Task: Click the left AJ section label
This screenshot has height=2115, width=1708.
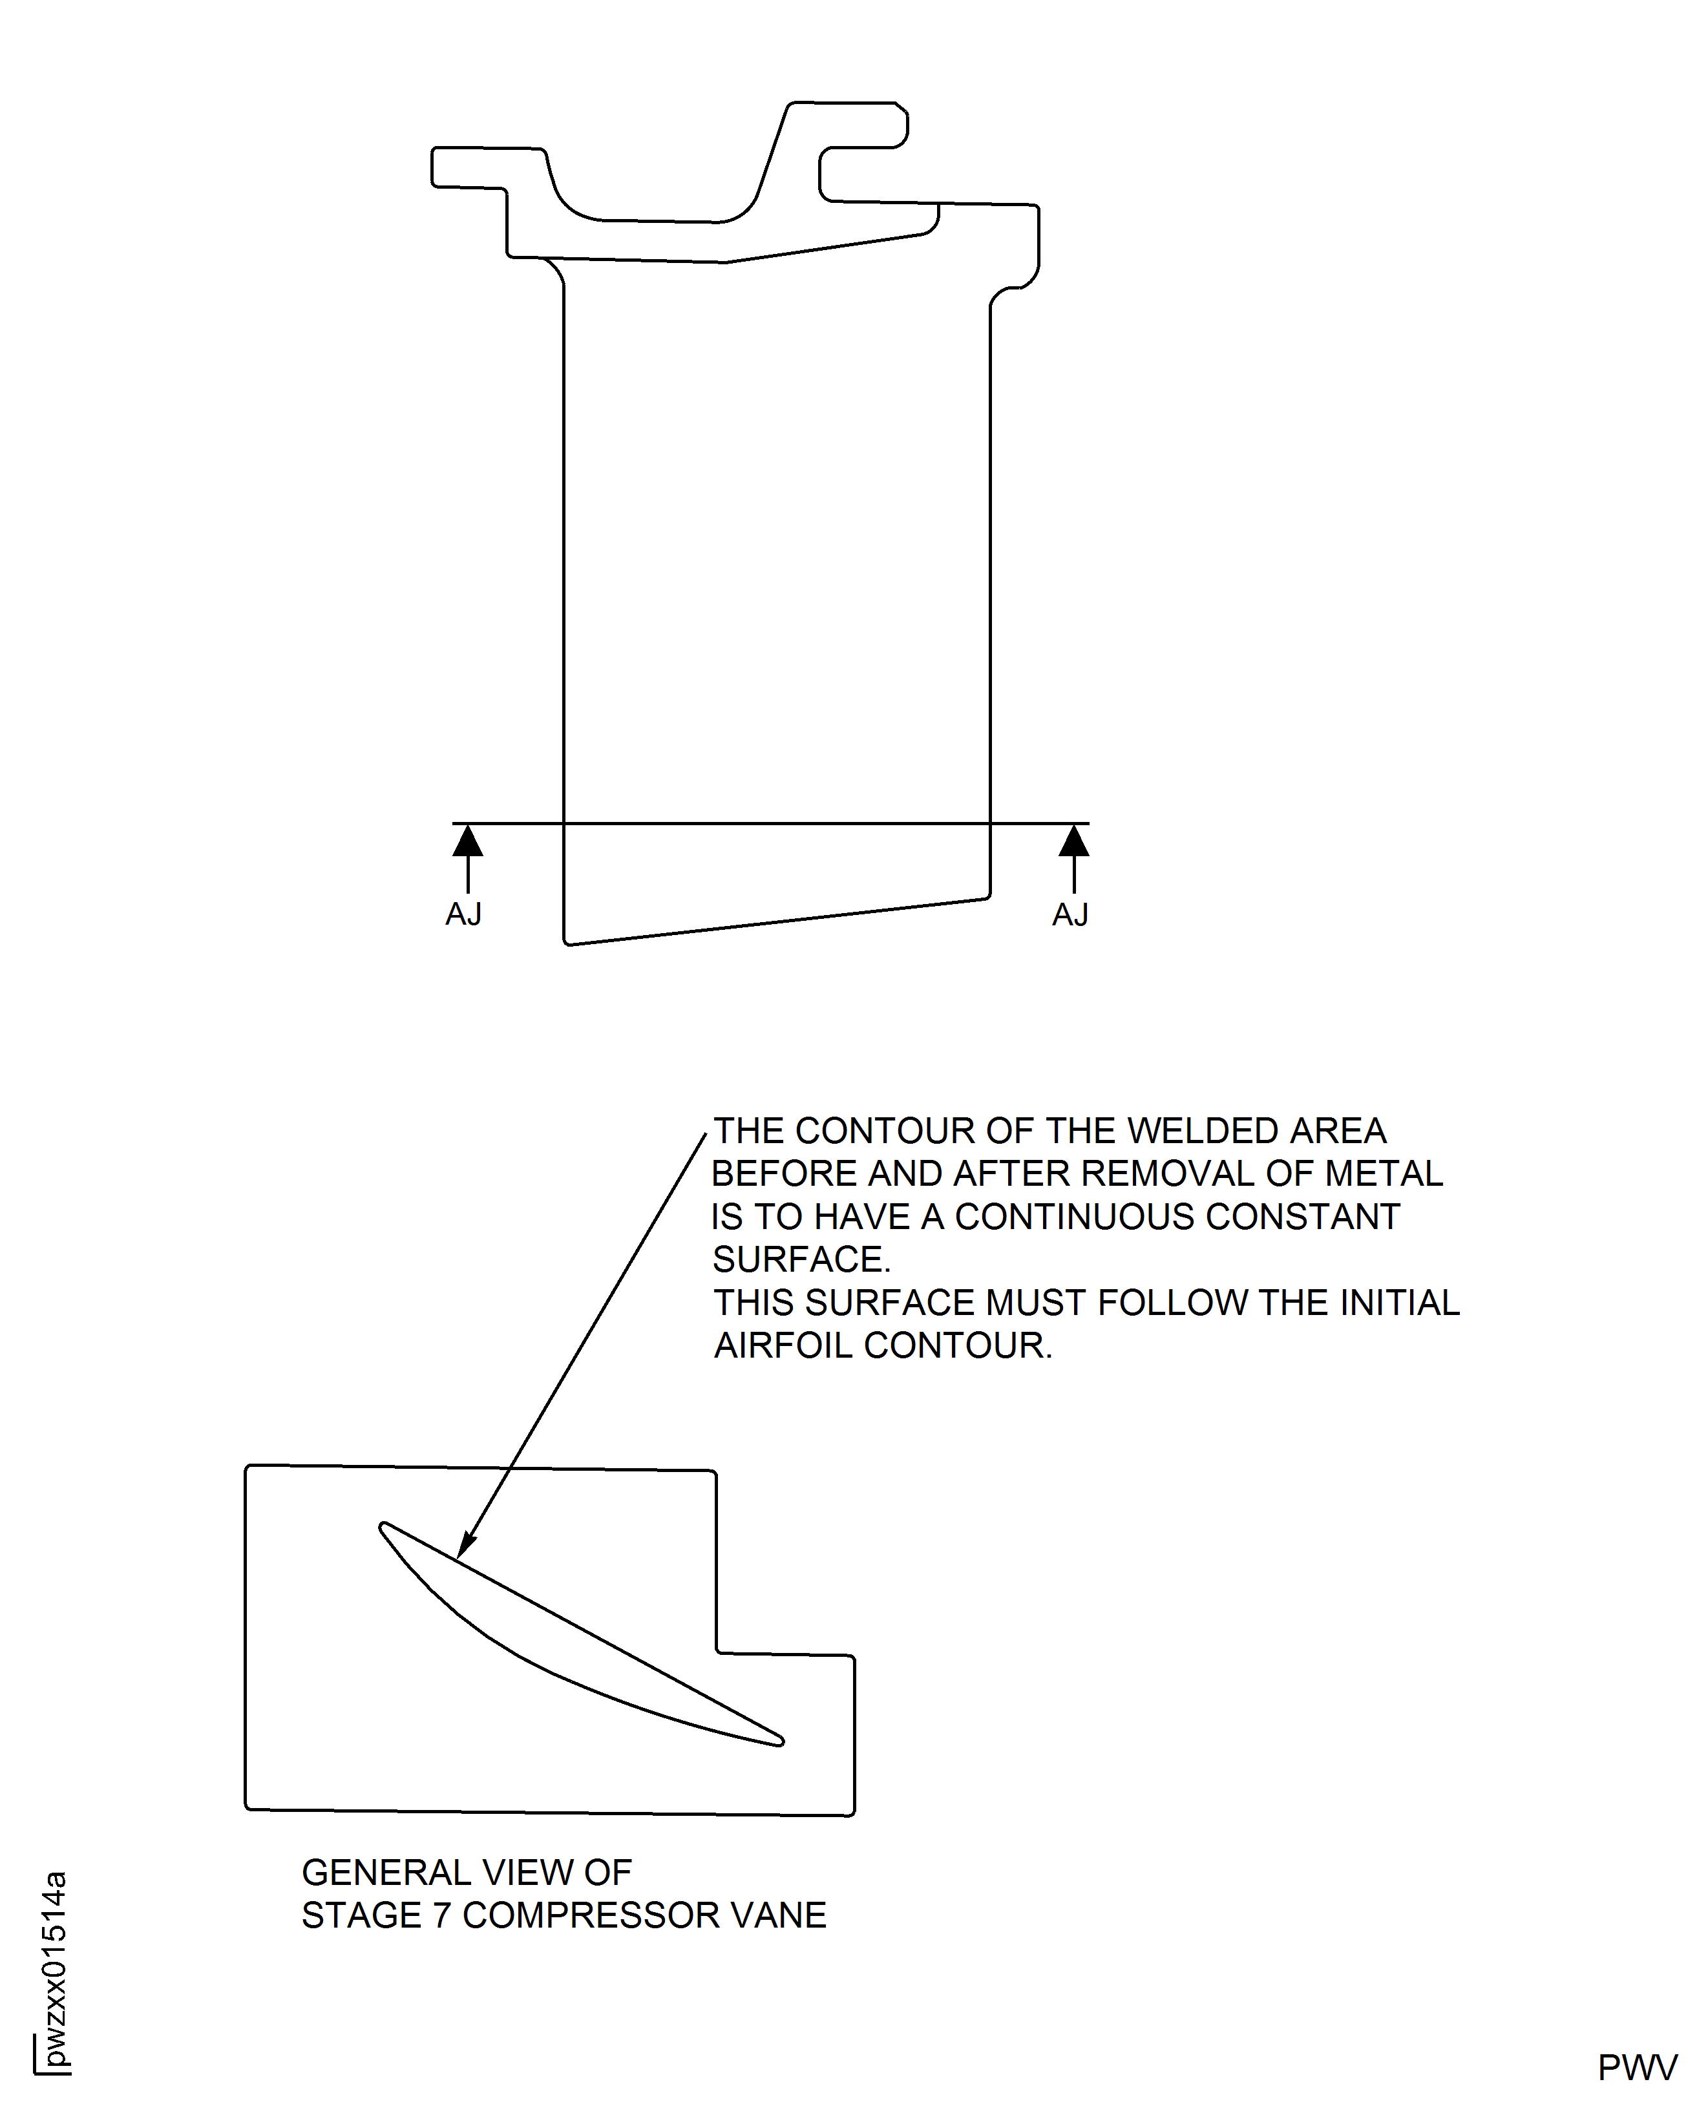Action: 463,915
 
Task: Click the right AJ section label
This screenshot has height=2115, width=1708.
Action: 1070,916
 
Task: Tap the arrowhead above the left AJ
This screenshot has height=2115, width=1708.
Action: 469,842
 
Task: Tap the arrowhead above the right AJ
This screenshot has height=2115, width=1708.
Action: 1075,842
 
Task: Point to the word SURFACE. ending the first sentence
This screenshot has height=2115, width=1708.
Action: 801,1260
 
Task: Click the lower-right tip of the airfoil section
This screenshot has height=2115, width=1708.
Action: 781,1741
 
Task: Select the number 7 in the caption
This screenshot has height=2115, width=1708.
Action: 442,1915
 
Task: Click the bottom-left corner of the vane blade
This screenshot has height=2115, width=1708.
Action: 567,942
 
